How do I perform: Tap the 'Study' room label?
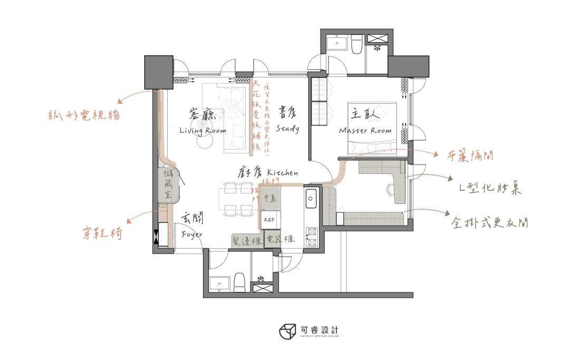[x=287, y=129]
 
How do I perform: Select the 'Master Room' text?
[x=365, y=131]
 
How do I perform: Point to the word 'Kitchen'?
[x=283, y=172]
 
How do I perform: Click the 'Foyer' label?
[x=191, y=234]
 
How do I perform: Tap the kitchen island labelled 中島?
[x=270, y=198]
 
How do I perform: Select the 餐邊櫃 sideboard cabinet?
[x=246, y=240]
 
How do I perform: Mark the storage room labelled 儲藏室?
[x=169, y=184]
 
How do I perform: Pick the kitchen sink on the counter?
[x=311, y=199]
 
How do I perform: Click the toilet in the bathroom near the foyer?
[x=239, y=282]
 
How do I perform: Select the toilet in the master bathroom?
[x=356, y=45]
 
